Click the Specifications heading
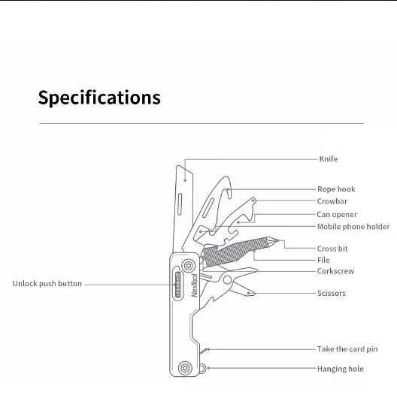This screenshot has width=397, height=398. (99, 98)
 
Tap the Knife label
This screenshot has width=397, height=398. (329, 159)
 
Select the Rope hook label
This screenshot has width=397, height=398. (336, 189)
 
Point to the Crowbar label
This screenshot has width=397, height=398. (332, 201)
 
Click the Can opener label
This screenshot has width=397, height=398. (337, 215)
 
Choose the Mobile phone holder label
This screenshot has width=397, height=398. (353, 227)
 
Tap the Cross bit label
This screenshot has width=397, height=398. (332, 249)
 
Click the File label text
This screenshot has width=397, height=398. (323, 260)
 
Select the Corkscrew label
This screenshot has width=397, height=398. (335, 271)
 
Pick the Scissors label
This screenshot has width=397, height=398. (331, 293)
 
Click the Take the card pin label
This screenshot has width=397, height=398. (347, 349)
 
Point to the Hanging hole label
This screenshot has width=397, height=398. (341, 369)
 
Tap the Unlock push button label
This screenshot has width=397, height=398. (47, 284)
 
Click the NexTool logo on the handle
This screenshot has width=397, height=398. (194, 285)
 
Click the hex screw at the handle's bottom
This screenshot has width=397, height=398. (185, 368)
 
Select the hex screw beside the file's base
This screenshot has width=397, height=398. (188, 266)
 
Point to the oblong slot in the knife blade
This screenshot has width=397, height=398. (180, 204)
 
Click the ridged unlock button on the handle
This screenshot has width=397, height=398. (178, 285)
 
